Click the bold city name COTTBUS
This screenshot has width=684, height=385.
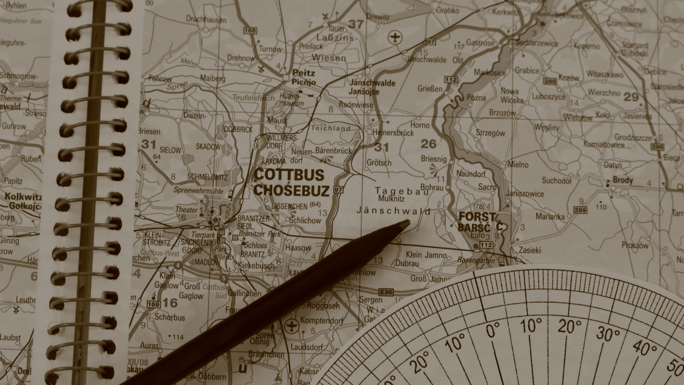[289, 175]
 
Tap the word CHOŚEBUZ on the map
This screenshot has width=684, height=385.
[291, 190]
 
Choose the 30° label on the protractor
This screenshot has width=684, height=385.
[608, 334]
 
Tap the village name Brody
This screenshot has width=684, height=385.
[623, 180]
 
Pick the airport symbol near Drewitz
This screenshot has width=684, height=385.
[396, 37]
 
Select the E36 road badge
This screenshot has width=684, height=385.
[386, 293]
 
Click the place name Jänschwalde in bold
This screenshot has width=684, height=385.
[372, 83]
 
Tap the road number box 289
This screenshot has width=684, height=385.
[580, 210]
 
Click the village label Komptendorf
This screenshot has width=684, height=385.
[322, 321]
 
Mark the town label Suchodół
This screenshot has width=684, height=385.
[557, 180]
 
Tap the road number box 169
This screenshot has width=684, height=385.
[153, 303]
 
